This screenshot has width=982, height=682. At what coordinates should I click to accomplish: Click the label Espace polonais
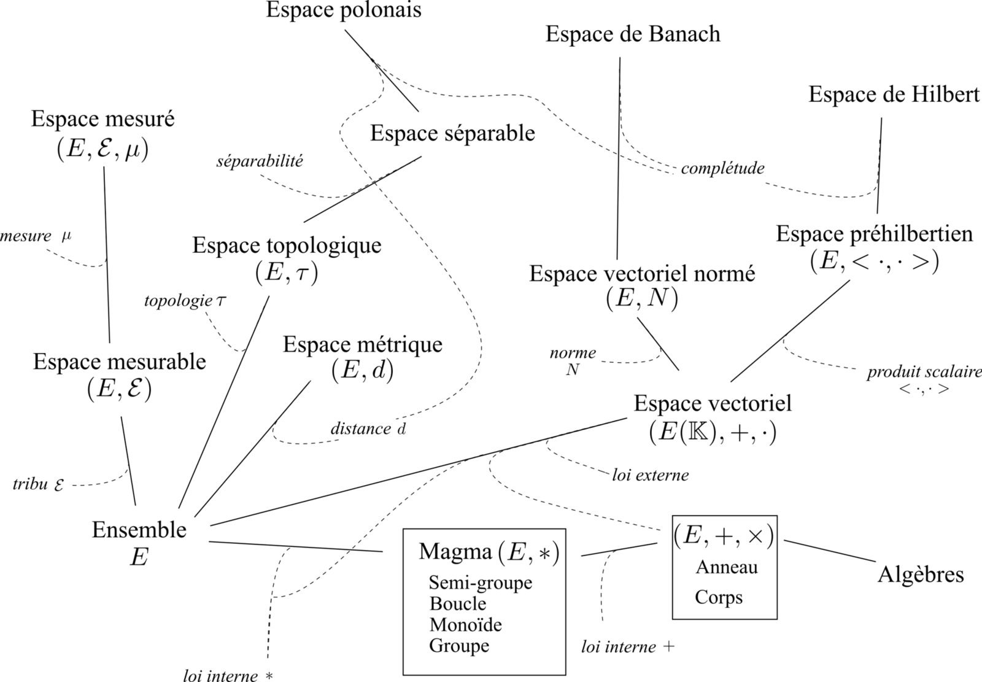(344, 10)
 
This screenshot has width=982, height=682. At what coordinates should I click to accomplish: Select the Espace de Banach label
(633, 34)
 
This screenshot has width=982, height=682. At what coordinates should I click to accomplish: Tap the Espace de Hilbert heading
(894, 95)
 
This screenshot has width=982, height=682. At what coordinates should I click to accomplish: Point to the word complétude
(722, 168)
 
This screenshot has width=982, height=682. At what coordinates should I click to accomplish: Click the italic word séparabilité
(260, 161)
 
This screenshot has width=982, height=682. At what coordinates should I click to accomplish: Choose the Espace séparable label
(452, 133)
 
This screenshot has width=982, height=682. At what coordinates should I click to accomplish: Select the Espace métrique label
(362, 344)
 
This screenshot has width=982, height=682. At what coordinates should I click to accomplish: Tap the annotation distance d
(368, 429)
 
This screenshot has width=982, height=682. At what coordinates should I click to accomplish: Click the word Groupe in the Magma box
(459, 646)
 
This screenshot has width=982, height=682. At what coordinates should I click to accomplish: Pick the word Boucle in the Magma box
(458, 603)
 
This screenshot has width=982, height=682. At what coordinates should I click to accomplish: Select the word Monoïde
(466, 625)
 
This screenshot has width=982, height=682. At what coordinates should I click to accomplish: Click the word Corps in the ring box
(718, 597)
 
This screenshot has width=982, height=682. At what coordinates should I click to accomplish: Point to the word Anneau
(726, 567)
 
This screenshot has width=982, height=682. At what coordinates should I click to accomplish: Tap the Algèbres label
(921, 575)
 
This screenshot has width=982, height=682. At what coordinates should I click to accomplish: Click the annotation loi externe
(650, 475)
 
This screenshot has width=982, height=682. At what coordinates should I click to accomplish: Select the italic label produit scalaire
(924, 373)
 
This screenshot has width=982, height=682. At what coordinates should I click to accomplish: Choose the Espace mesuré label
(102, 119)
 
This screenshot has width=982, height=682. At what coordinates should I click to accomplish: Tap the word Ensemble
(139, 530)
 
